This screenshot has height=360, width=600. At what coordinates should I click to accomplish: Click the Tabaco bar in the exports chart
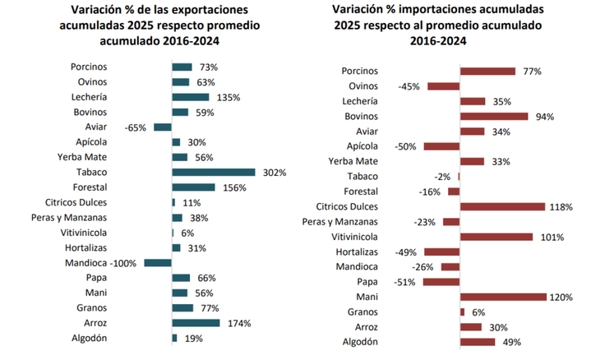click(213, 172)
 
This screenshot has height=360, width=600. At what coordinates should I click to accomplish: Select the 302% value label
click(274, 173)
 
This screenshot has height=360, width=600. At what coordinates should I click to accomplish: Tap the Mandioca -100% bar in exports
click(158, 263)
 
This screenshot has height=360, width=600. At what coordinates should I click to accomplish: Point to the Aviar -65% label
click(136, 127)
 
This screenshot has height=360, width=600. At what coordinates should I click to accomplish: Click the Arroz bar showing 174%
click(196, 323)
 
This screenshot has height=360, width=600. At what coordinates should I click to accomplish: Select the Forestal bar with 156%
click(193, 187)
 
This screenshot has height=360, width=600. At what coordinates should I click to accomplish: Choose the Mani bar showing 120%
click(503, 297)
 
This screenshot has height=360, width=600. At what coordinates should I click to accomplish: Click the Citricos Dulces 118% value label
click(561, 207)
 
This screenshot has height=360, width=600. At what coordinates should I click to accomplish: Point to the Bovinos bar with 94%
click(494, 117)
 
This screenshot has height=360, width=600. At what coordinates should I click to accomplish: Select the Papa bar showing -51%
click(441, 282)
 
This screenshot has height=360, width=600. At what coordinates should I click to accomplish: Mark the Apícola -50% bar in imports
click(441, 146)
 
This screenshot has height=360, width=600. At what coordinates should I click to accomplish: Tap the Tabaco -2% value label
click(444, 177)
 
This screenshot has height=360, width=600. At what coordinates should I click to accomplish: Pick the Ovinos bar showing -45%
click(444, 86)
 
